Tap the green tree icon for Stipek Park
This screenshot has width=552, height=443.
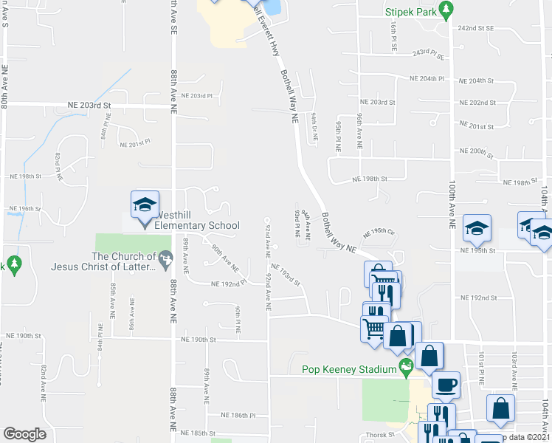(x=445, y=9)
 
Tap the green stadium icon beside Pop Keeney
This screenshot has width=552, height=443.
(x=404, y=367)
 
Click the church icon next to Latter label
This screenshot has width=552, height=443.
(x=167, y=258)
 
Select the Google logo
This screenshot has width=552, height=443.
(x=25, y=434)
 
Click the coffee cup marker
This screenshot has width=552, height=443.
(x=445, y=384)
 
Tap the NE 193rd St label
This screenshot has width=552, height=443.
(x=286, y=274)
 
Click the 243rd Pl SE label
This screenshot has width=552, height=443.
(x=431, y=54)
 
